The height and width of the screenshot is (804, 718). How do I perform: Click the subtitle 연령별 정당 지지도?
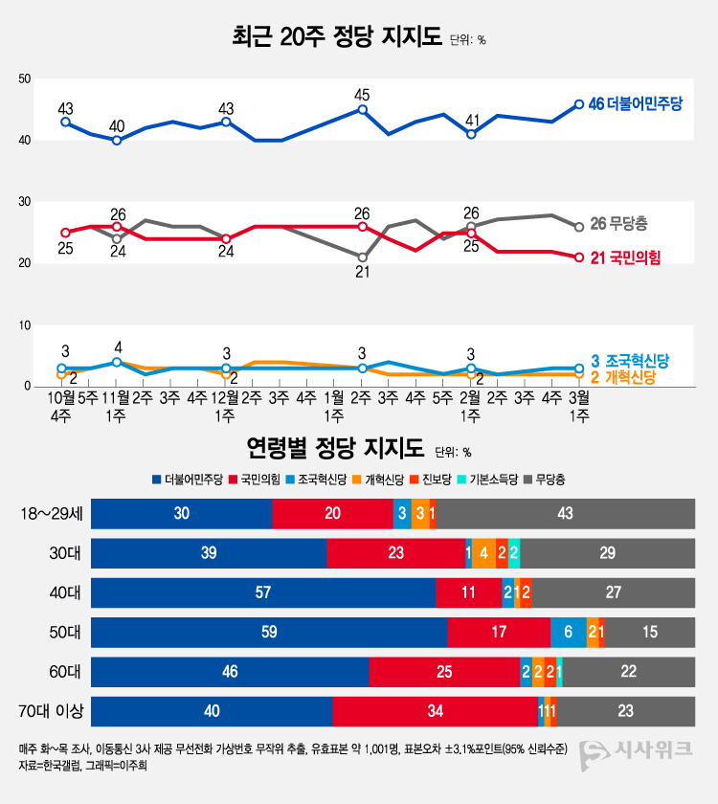click(334, 448)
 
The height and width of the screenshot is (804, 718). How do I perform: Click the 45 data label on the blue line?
click(362, 95)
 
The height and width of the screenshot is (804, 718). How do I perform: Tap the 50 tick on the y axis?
click(24, 79)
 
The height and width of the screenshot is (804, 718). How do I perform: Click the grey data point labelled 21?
click(362, 257)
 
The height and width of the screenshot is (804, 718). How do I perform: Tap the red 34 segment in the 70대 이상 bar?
click(435, 711)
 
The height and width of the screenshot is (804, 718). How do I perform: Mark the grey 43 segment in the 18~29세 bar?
click(565, 514)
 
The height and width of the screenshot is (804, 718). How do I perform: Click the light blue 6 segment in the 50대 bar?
click(569, 631)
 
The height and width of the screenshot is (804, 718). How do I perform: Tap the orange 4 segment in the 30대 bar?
click(483, 553)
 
